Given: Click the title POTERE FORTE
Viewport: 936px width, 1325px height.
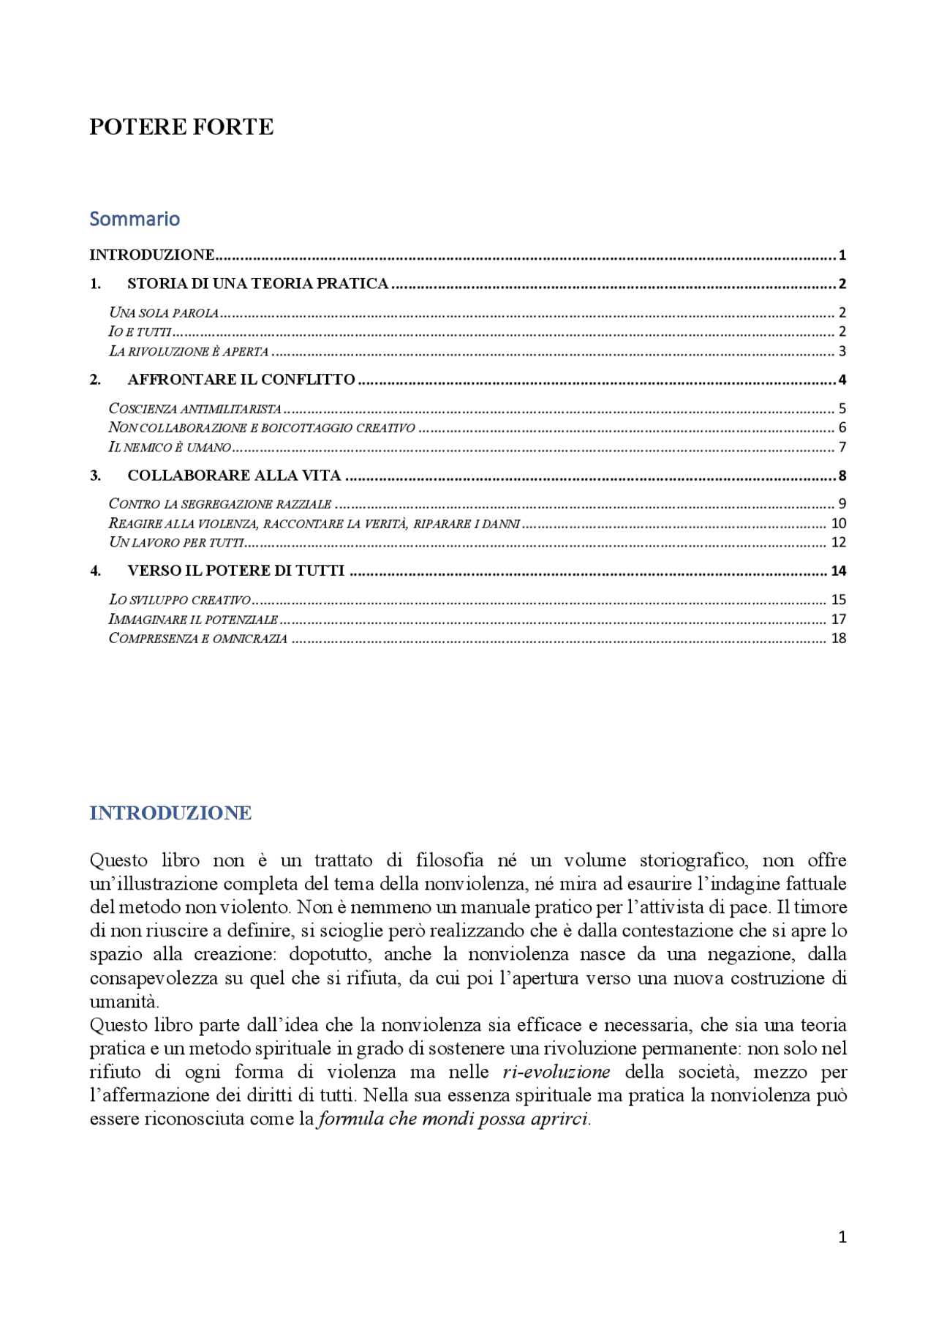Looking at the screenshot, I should click(181, 127).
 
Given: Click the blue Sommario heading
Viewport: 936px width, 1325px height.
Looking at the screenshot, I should click(135, 219).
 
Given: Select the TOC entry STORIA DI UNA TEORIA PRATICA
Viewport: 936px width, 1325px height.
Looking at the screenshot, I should click(257, 284).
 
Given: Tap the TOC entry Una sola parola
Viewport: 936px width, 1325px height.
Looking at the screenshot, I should click(164, 313).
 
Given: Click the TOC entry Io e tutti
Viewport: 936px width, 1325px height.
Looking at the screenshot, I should click(140, 332).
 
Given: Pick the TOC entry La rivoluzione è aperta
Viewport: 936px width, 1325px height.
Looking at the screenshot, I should click(189, 351).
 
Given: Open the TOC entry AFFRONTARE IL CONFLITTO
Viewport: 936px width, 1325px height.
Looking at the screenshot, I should click(241, 380).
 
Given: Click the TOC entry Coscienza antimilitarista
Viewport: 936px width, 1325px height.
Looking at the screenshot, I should click(195, 409).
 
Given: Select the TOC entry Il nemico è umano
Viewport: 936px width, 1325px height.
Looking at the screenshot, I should click(170, 447).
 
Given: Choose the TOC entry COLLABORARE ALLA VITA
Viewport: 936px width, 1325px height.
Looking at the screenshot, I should click(234, 476).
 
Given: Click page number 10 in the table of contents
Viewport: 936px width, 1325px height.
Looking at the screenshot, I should click(838, 523).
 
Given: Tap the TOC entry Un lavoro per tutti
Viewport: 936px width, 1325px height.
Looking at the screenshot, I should click(175, 542).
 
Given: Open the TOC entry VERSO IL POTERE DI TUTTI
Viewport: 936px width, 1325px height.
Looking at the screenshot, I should click(235, 571).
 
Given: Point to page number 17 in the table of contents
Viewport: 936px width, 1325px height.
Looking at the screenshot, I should click(838, 619).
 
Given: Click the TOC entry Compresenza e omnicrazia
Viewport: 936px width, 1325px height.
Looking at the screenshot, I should click(197, 638).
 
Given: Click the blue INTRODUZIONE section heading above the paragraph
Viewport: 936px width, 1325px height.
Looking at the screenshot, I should click(170, 813).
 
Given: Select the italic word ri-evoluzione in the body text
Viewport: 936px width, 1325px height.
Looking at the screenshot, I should click(556, 1072).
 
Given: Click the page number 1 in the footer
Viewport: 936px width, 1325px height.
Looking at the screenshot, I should click(842, 1236).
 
